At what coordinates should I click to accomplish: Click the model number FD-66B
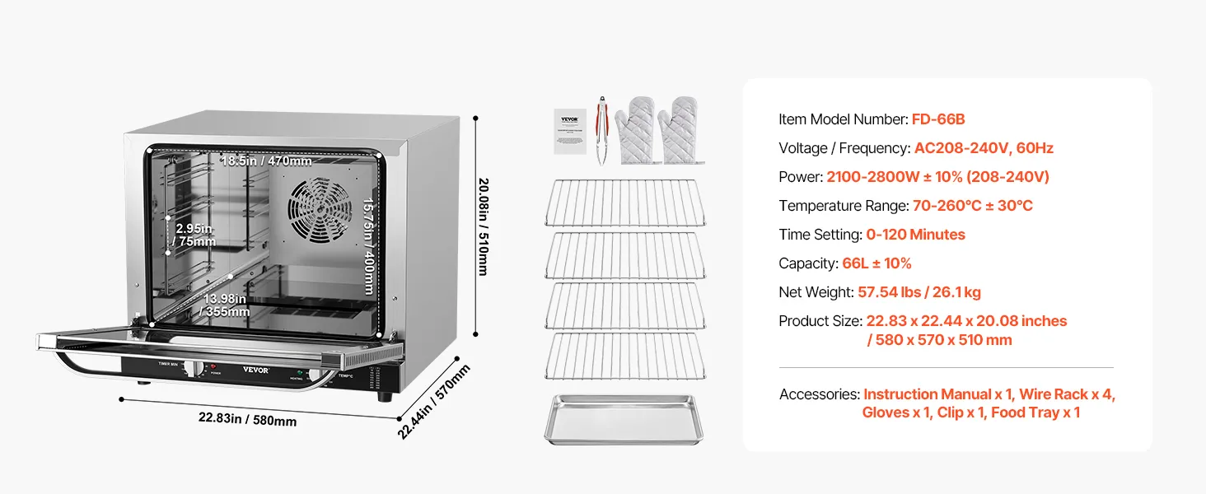tap(937, 119)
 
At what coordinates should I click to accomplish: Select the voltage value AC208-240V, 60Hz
tap(984, 148)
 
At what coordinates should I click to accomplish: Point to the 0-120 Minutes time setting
tap(915, 235)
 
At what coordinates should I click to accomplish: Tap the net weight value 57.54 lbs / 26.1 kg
tap(919, 292)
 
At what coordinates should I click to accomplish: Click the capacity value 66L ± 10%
tap(876, 263)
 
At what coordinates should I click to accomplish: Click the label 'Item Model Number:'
tap(843, 119)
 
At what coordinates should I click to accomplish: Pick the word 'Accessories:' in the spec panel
tap(819, 394)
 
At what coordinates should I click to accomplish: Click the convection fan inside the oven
tap(320, 211)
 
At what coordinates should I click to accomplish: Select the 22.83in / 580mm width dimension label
tap(247, 419)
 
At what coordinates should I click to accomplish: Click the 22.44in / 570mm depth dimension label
tap(434, 401)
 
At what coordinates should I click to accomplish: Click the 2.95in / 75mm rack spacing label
tap(194, 235)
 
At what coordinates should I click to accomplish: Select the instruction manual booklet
tap(569, 129)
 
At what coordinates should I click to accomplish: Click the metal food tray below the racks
tap(624, 418)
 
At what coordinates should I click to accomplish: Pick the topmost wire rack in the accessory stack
tap(624, 202)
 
